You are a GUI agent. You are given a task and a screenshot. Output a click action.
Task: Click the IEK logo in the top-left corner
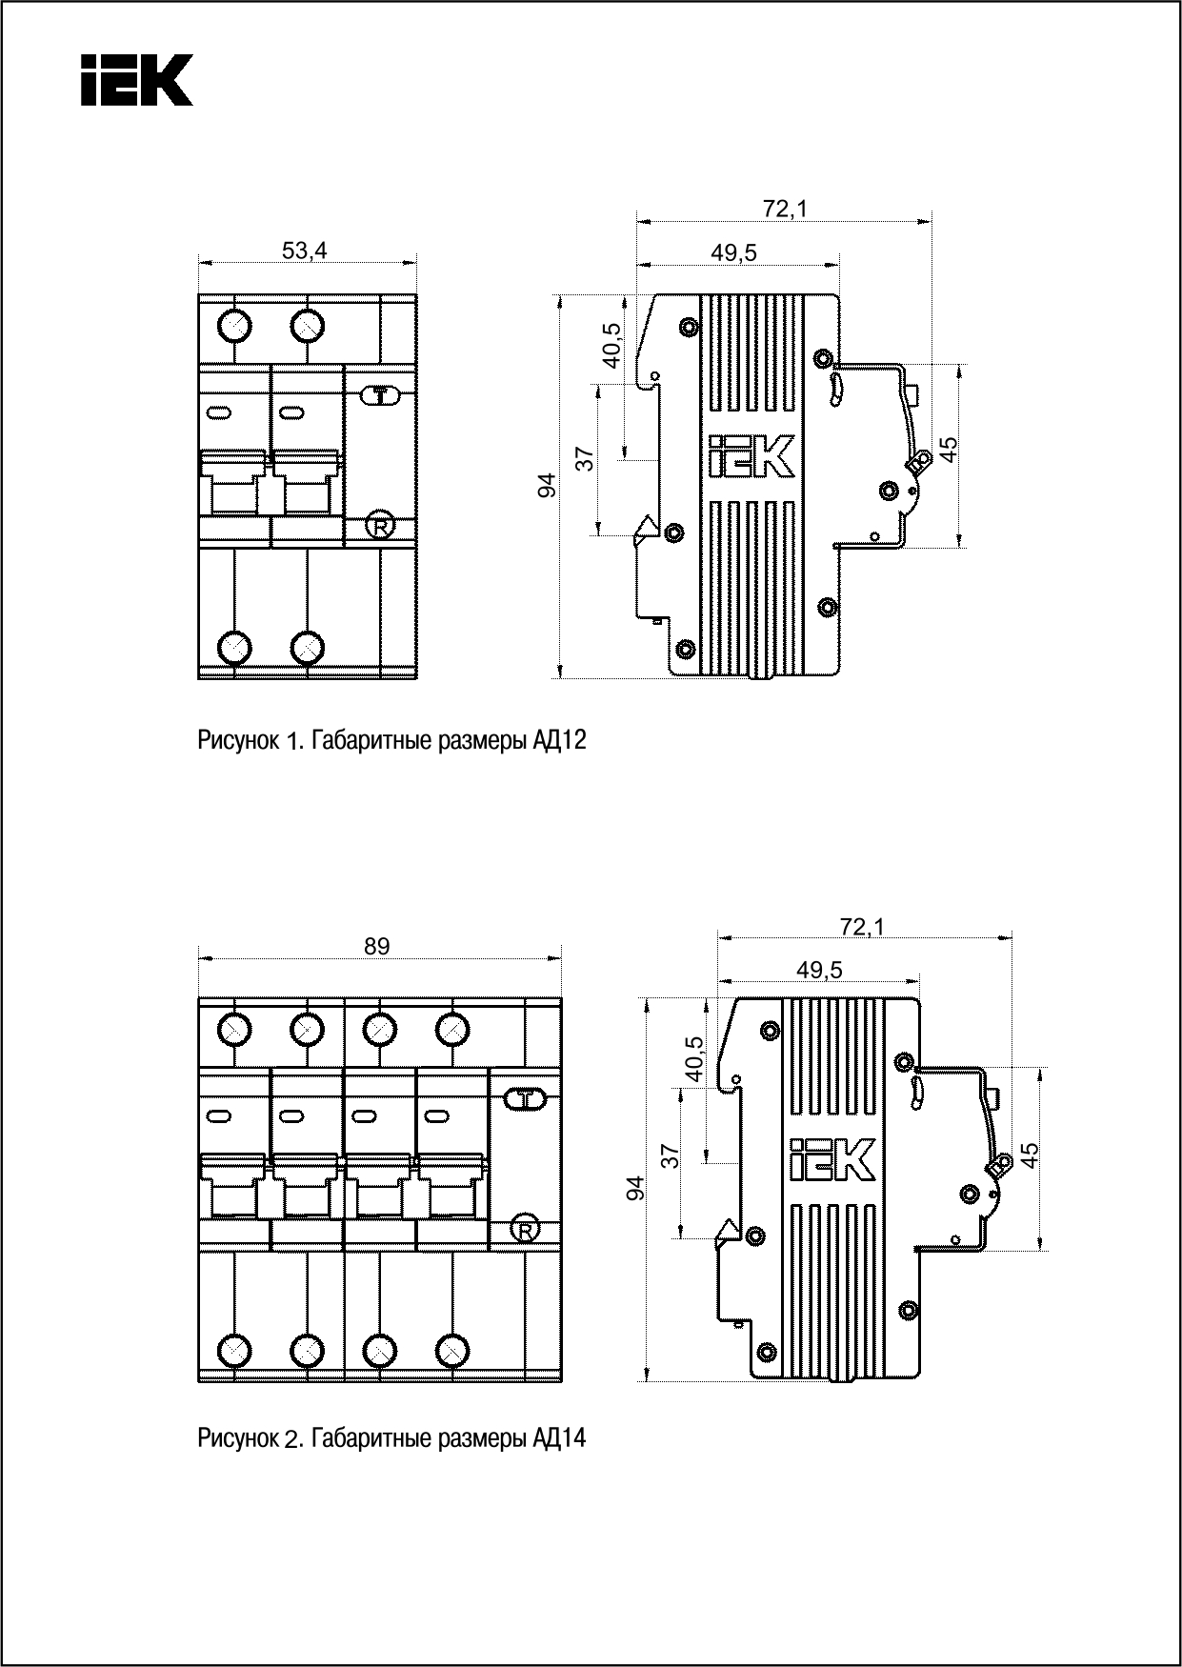[x=136, y=79]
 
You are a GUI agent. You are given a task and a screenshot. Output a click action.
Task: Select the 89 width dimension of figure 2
[x=377, y=946]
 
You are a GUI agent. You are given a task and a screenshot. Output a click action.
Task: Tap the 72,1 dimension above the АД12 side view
[x=784, y=209]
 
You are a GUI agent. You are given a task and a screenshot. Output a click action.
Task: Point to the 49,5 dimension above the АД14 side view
[x=819, y=970]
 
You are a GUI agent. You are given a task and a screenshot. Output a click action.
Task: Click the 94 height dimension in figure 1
[x=547, y=486]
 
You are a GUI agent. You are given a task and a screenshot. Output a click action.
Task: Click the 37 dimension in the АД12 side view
[x=587, y=459]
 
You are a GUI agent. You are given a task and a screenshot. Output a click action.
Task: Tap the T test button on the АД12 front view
[x=380, y=395]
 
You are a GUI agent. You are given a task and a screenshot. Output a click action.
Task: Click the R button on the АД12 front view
[x=380, y=526]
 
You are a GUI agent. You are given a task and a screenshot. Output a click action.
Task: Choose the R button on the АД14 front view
[x=523, y=1229]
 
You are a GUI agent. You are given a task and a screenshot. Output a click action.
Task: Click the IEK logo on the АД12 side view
[x=751, y=457]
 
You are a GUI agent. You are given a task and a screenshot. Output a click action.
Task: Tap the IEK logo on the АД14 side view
[x=831, y=1160]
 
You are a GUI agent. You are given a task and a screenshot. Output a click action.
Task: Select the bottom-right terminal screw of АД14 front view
[x=452, y=1351]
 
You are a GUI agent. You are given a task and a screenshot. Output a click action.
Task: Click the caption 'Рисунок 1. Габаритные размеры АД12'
[x=391, y=740]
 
